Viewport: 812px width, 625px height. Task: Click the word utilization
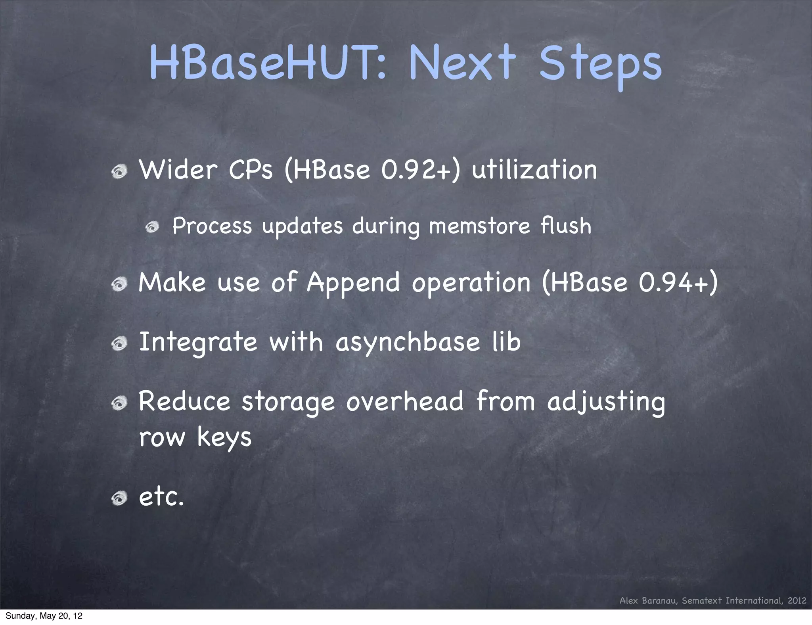[x=534, y=170]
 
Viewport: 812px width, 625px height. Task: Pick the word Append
[x=353, y=283]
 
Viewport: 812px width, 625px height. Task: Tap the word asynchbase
[x=408, y=342]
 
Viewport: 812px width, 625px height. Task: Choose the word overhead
[x=405, y=401]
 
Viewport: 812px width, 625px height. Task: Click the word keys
[x=224, y=438]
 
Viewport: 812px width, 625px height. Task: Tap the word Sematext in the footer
[x=702, y=600]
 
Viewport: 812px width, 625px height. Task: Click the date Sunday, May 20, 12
[x=44, y=616]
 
